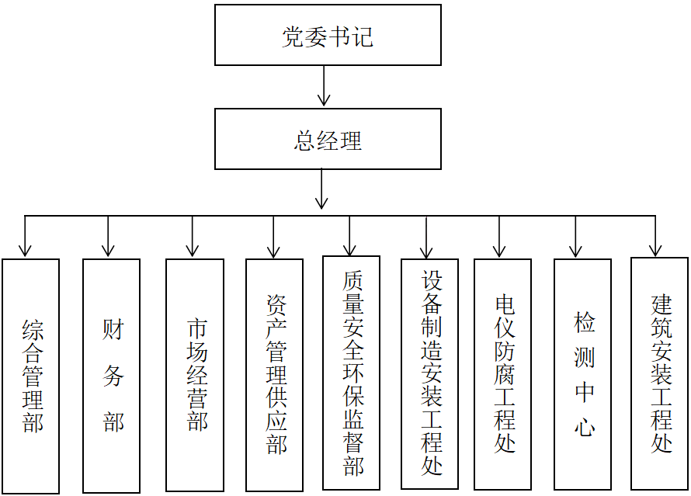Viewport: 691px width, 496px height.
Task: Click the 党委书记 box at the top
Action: coord(328,36)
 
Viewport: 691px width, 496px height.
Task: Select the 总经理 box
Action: coord(328,139)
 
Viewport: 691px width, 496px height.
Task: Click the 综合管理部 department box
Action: coord(31,376)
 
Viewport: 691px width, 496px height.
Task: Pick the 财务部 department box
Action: coord(112,376)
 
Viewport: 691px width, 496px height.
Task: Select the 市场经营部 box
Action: coord(195,376)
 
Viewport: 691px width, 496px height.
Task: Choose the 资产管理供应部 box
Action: coord(274,376)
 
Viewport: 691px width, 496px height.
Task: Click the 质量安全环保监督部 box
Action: coord(352,373)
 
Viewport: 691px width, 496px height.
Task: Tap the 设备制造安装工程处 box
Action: coord(430,373)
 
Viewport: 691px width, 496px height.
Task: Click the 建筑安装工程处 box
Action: coord(659,373)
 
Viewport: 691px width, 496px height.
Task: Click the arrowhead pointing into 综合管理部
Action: coord(26,251)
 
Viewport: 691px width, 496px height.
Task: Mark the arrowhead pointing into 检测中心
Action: coord(575,251)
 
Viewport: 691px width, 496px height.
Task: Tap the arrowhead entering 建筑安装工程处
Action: coord(656,251)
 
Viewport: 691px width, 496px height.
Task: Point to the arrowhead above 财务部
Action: coord(108,251)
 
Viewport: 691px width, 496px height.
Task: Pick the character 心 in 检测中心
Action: coord(585,426)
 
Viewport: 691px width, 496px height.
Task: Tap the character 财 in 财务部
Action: coord(113,331)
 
